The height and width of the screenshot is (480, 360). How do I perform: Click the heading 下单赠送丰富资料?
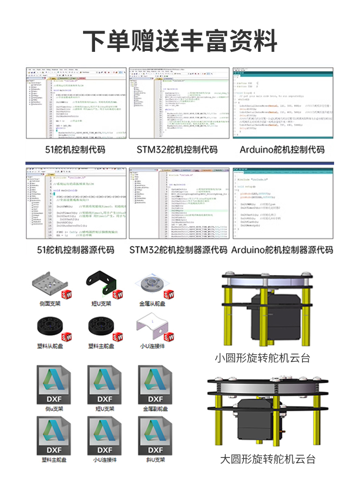coord(180,40)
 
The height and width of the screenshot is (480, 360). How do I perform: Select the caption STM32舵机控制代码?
coord(177,149)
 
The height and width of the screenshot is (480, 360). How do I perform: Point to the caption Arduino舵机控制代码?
coord(282,149)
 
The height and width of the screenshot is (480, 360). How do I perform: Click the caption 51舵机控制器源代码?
coord(76,250)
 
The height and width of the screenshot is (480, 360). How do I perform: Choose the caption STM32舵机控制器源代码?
coord(178,250)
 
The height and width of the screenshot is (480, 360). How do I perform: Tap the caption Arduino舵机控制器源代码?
coord(282,250)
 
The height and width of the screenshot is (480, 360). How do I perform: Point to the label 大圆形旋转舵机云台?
coord(268,459)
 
